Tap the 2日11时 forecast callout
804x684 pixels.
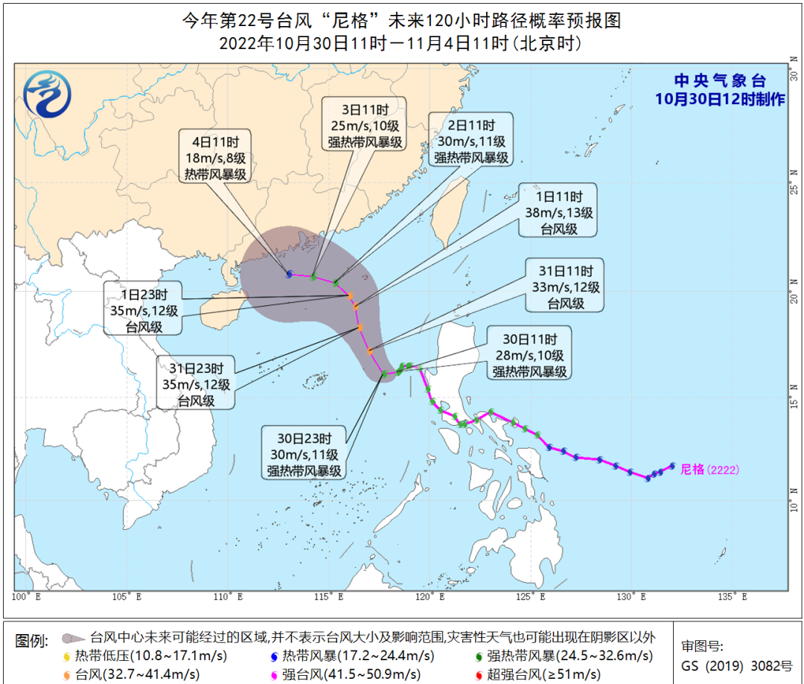point(472,141)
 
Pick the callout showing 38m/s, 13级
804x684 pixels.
point(558,211)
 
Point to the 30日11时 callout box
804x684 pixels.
point(529,354)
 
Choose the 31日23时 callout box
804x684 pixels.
point(196,383)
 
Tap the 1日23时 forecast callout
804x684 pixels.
point(145,308)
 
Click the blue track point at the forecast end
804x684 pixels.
point(289,274)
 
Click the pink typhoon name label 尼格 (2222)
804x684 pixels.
point(712,470)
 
